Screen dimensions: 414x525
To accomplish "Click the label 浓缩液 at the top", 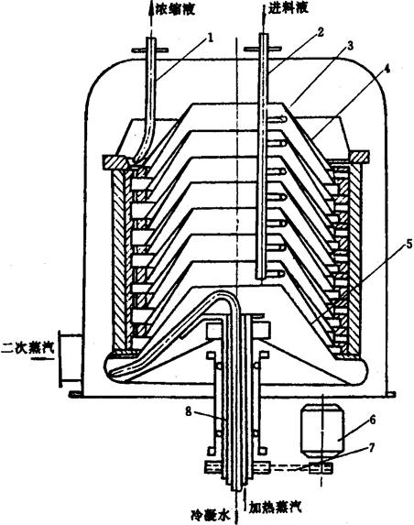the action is point(175,9).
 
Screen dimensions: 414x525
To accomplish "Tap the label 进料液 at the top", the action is point(288,9).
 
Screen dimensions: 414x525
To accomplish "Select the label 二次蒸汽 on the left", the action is point(27,347).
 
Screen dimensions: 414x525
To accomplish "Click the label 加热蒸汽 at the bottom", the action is point(275,507).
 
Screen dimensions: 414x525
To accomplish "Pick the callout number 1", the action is point(210,38).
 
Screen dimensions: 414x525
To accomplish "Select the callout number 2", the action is point(320,32).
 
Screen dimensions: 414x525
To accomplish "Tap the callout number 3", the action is point(350,46).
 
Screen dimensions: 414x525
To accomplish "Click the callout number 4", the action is point(387,69).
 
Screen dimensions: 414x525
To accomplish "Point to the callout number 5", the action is point(409,245).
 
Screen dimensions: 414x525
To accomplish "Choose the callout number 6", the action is point(373,420).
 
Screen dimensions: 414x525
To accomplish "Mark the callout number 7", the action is point(372,447).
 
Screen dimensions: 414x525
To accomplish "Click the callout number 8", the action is point(189,411).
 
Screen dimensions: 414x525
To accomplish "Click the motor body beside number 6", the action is point(322,430).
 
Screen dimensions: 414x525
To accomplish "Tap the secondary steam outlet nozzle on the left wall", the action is point(70,358).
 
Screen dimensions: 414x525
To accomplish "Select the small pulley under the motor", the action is point(321,468).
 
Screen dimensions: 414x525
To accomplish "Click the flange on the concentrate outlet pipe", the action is point(149,50).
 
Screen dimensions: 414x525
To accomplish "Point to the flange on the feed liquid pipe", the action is point(261,49).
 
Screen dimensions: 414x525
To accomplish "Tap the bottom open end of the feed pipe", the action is point(261,277).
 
